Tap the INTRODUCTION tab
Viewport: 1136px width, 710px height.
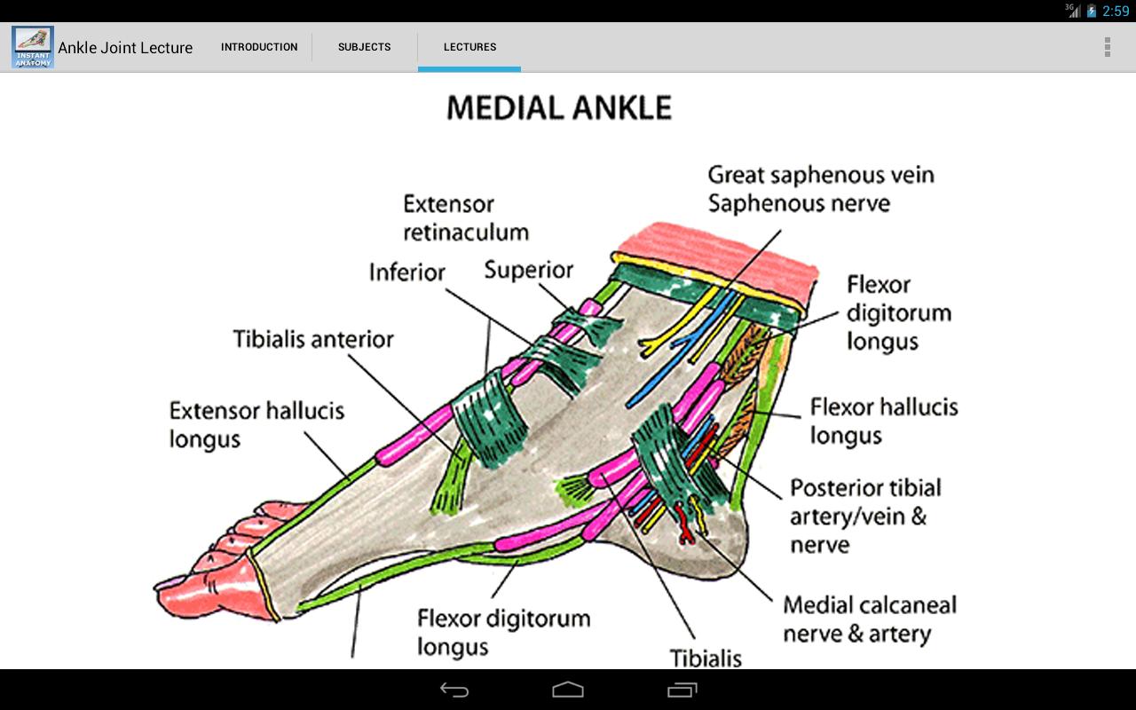259,47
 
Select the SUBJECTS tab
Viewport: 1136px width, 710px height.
364,47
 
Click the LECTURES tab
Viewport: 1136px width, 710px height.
469,47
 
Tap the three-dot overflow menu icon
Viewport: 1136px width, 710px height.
1107,47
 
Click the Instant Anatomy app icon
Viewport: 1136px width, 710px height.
33,47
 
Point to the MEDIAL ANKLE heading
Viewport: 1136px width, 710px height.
559,108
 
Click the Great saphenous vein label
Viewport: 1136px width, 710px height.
820,174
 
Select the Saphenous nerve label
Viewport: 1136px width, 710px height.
798,203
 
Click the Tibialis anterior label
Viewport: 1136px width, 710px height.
313,339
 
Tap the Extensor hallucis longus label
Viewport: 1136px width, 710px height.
256,424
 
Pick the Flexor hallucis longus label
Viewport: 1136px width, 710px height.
883,421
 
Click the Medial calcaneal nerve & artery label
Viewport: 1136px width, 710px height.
869,619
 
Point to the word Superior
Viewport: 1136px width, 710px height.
528,270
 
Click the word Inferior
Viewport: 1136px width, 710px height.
407,272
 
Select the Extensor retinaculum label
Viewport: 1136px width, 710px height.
465,218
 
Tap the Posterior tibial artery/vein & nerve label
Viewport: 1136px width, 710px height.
865,516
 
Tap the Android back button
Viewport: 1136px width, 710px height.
454,690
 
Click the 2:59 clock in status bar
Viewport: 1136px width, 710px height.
1115,11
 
